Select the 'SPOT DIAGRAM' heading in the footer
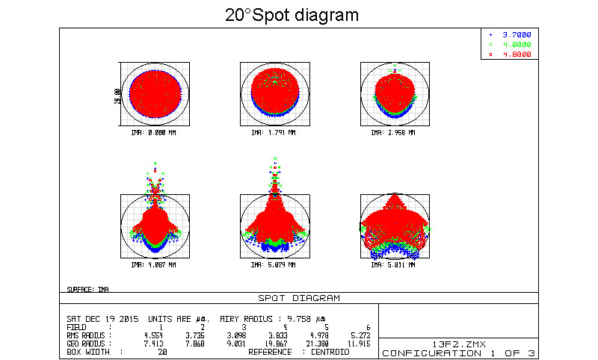[x=298, y=298]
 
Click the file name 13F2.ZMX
[x=458, y=344]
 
